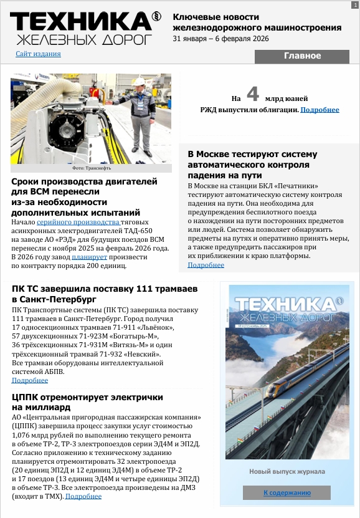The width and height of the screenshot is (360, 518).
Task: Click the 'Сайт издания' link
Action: pos(38,54)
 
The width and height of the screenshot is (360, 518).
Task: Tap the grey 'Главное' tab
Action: pos(302,56)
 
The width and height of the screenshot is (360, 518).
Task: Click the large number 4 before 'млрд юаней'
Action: pos(252,94)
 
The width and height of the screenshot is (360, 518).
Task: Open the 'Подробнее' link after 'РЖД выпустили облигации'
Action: pos(320,110)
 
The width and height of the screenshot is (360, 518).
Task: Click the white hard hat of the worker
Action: pos(140,82)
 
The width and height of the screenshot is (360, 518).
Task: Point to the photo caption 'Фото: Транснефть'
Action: pos(91,168)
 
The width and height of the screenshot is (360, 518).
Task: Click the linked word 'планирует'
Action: pos(90,257)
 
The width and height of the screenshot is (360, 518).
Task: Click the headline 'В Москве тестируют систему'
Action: pos(252,154)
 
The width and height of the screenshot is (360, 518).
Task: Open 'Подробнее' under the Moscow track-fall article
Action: pos(206,265)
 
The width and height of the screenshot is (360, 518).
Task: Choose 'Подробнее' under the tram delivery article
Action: pos(29,380)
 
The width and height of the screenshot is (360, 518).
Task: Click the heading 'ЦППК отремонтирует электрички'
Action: pos(87,397)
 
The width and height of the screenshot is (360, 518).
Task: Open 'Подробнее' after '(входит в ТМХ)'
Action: pos(83,496)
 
